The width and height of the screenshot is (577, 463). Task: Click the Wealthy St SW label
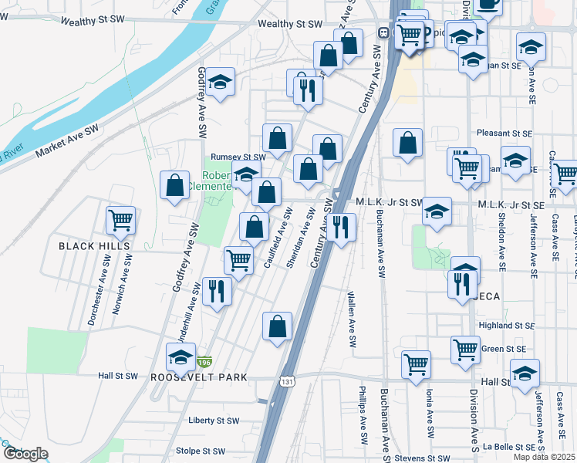click(x=290, y=24)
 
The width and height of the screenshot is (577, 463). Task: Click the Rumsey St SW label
click(x=238, y=157)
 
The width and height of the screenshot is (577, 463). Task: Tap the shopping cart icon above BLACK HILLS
click(x=121, y=220)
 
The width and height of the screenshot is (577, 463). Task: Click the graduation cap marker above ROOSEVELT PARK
click(x=181, y=357)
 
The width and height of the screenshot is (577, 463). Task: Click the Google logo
click(x=25, y=454)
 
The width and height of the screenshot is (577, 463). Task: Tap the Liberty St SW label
click(x=214, y=421)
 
